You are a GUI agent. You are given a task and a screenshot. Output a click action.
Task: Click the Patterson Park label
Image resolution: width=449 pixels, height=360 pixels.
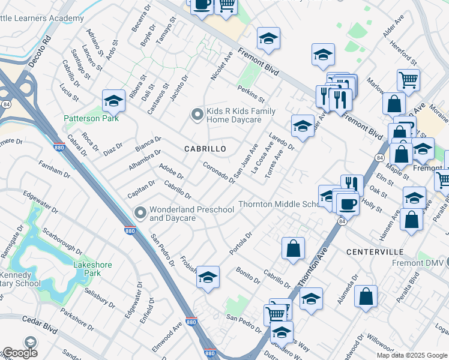coord(92,118)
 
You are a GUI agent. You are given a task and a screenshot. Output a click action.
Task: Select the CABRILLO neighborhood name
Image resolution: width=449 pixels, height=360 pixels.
coord(205,149)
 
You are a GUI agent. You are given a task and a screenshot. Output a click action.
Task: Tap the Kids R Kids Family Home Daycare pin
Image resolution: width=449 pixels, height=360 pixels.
coord(196,114)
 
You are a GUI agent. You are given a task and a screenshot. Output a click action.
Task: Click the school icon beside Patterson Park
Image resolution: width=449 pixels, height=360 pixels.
coord(113,101)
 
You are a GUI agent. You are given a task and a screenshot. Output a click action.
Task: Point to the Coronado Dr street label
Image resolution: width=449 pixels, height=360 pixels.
coord(218,172)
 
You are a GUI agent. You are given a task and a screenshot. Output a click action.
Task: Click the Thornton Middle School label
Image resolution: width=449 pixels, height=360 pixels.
coord(280,205)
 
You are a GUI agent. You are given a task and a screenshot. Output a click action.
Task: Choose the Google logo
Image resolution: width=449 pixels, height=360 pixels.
coord(19,353)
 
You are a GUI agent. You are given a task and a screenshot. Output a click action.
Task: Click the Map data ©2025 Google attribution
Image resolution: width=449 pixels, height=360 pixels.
coord(412,355)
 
